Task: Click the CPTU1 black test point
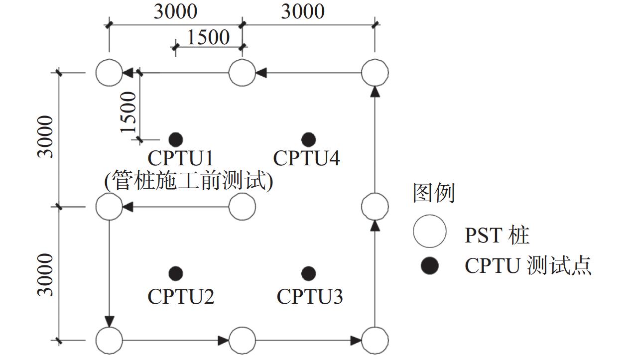[175, 139]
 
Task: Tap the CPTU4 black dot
[309, 139]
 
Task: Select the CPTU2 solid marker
[175, 273]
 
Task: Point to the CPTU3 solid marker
[309, 273]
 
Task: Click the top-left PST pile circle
[109, 73]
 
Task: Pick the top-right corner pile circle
[375, 73]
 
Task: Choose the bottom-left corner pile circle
[109, 341]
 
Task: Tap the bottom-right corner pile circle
[375, 341]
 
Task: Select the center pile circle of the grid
[242, 206]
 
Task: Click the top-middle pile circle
[242, 73]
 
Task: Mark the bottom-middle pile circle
[242, 341]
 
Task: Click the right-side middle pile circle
[375, 206]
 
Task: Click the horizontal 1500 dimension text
[208, 37]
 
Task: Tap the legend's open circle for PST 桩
[429, 232]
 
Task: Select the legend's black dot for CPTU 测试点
[429, 265]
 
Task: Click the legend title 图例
[434, 193]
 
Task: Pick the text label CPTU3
[310, 297]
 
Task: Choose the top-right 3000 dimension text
[303, 11]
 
